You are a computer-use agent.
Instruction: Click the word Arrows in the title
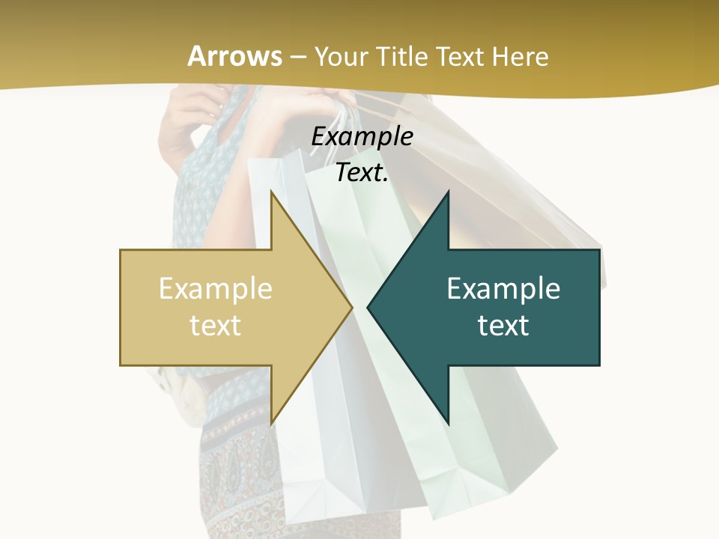pyautogui.click(x=234, y=56)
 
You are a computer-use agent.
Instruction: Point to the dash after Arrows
pyautogui.click(x=298, y=57)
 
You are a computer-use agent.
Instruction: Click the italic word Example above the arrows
pyautogui.click(x=362, y=136)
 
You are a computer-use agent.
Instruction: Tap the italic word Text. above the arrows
pyautogui.click(x=362, y=172)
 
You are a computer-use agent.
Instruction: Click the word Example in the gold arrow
pyautogui.click(x=216, y=289)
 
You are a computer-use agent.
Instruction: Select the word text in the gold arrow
pyautogui.click(x=216, y=325)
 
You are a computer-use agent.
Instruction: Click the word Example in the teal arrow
pyautogui.click(x=503, y=289)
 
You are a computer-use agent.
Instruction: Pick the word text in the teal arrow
pyautogui.click(x=503, y=325)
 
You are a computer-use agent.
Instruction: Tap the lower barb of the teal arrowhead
pyautogui.click(x=446, y=419)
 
